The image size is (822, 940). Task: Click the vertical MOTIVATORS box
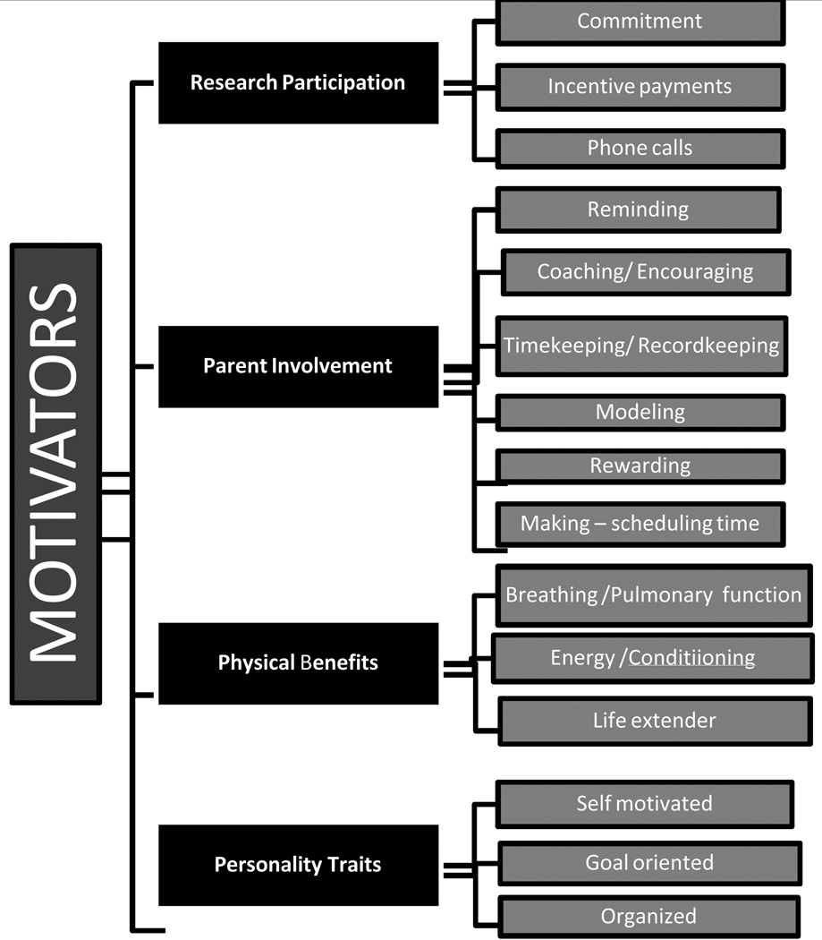tap(55, 474)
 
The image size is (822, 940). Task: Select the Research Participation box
tap(298, 82)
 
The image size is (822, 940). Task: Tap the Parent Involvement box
tap(298, 366)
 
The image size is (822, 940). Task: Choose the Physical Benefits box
tap(298, 663)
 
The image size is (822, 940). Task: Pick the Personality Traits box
tap(298, 865)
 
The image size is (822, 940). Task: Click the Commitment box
tap(640, 21)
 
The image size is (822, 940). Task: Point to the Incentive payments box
tap(640, 87)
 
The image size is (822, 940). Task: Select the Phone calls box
tap(640, 148)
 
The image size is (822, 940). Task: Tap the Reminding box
tap(638, 209)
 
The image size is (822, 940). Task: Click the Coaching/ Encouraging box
tap(645, 271)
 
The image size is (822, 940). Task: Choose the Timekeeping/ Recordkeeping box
tap(640, 346)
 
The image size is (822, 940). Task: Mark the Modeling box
tap(640, 413)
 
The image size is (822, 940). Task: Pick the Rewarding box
tap(640, 466)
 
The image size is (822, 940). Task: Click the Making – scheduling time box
tap(640, 524)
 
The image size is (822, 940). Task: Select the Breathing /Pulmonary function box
tap(653, 594)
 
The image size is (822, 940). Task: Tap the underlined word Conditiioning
tap(691, 659)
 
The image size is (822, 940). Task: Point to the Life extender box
tap(654, 720)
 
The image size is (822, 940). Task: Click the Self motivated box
tap(644, 803)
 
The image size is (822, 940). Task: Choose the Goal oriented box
tap(649, 863)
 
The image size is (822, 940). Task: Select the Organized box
tap(648, 916)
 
